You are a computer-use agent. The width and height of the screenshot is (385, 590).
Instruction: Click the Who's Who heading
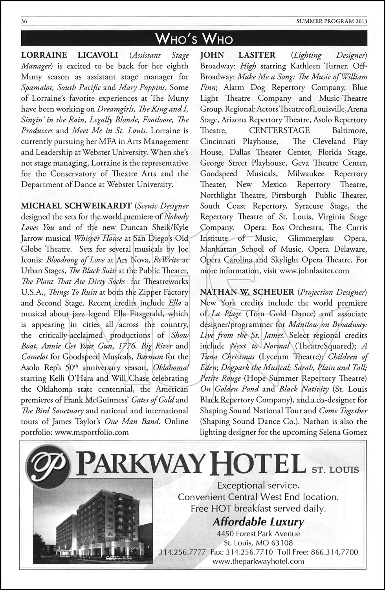tap(194, 39)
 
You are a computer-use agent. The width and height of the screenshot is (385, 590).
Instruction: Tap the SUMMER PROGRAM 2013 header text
tap(332, 22)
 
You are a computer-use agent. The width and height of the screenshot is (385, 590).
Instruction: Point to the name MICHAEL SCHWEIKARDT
tap(76, 206)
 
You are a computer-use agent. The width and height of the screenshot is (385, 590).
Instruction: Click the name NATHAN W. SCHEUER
tap(247, 292)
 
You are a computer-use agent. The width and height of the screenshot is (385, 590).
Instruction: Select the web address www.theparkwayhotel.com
tap(258, 561)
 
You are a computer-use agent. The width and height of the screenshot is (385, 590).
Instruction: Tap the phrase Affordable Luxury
tap(258, 522)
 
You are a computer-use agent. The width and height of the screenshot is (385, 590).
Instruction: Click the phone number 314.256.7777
tap(182, 552)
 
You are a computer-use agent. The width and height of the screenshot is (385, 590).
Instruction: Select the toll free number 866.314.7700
tap(334, 552)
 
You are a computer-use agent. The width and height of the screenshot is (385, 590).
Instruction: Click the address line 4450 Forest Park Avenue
tap(258, 534)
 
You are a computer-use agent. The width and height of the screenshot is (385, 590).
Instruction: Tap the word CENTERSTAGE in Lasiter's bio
tap(279, 131)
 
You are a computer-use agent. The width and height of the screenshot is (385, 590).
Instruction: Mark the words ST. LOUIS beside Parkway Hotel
tap(335, 470)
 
